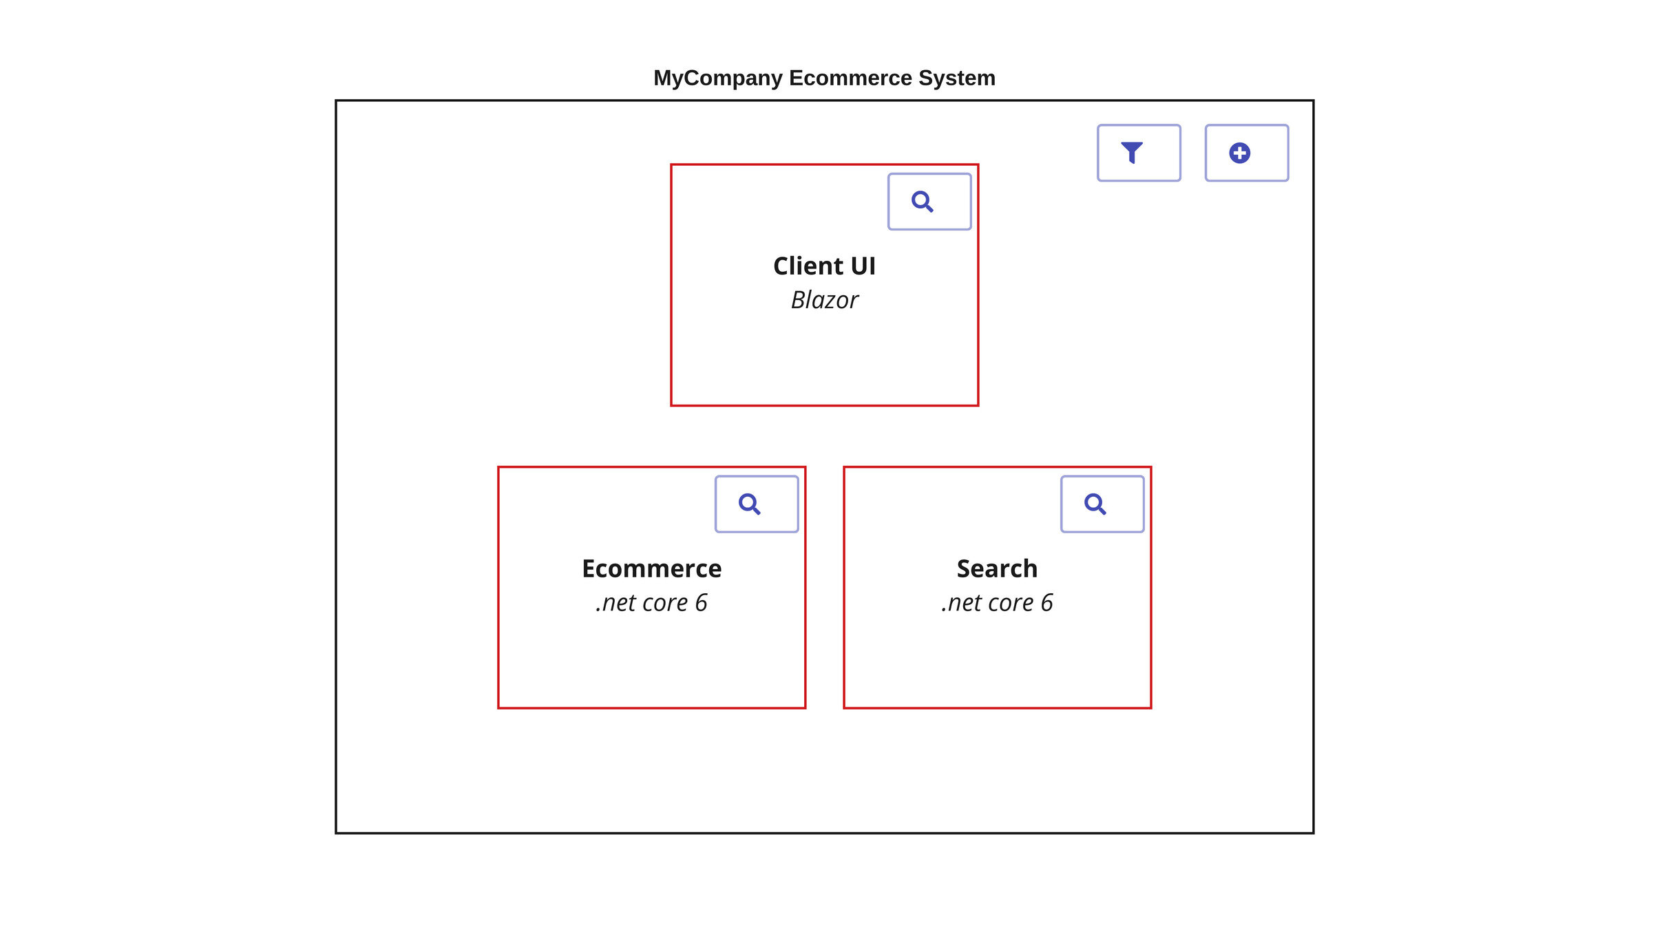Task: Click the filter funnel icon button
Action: (x=1139, y=153)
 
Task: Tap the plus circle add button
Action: (x=1246, y=153)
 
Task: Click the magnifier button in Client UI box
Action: (x=929, y=202)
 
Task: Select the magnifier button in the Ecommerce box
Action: (x=756, y=504)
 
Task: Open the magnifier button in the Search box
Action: (x=1102, y=504)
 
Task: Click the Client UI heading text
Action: (x=824, y=266)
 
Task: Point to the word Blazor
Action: (x=824, y=301)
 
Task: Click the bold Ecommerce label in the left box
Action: (x=651, y=569)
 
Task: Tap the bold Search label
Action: (x=997, y=569)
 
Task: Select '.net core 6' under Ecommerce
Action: (x=651, y=604)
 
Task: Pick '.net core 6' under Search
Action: (x=997, y=604)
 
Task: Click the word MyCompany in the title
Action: (x=717, y=78)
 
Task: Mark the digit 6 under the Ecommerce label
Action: (x=701, y=604)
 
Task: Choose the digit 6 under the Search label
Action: (x=1046, y=604)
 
